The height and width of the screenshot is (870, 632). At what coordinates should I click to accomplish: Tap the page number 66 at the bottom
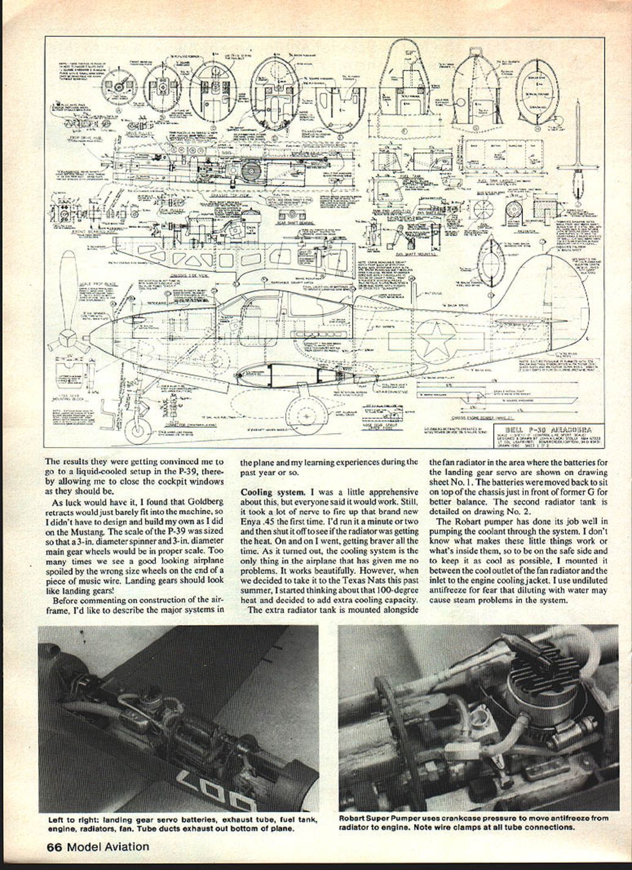tap(54, 847)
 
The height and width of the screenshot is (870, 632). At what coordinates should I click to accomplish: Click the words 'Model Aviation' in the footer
tap(108, 847)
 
